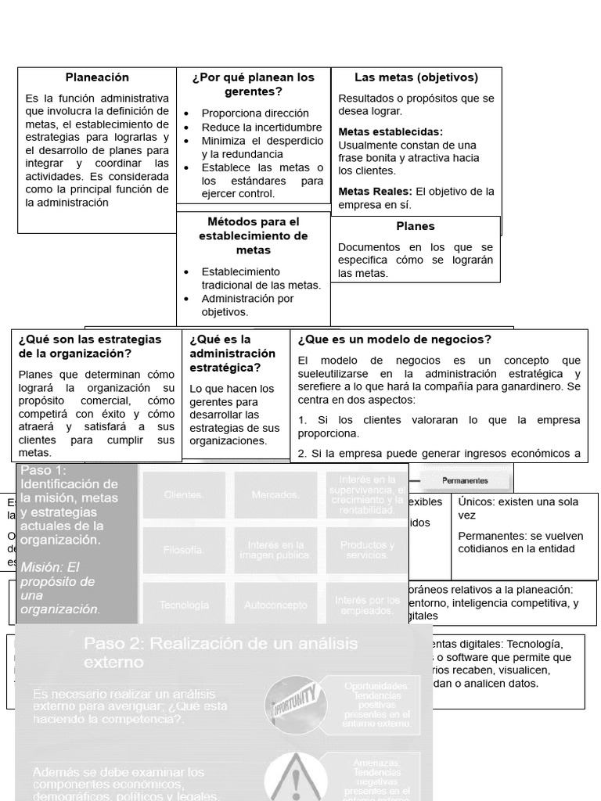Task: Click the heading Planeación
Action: click(x=97, y=77)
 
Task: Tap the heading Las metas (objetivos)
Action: click(x=416, y=77)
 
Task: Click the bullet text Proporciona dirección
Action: click(x=255, y=113)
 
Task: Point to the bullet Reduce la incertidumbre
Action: click(x=261, y=127)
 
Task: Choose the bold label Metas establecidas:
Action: click(x=390, y=131)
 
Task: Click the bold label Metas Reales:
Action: click(x=376, y=192)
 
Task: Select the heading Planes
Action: click(x=415, y=226)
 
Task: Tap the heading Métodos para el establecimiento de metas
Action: click(x=253, y=235)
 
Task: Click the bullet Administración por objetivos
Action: click(x=248, y=304)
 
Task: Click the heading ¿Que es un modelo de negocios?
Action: click(x=394, y=339)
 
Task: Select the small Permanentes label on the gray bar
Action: click(x=465, y=480)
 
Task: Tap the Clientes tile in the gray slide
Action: click(x=183, y=494)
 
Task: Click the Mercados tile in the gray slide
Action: click(x=275, y=494)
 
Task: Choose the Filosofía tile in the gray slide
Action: click(x=183, y=550)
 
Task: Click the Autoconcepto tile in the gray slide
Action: click(x=275, y=605)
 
